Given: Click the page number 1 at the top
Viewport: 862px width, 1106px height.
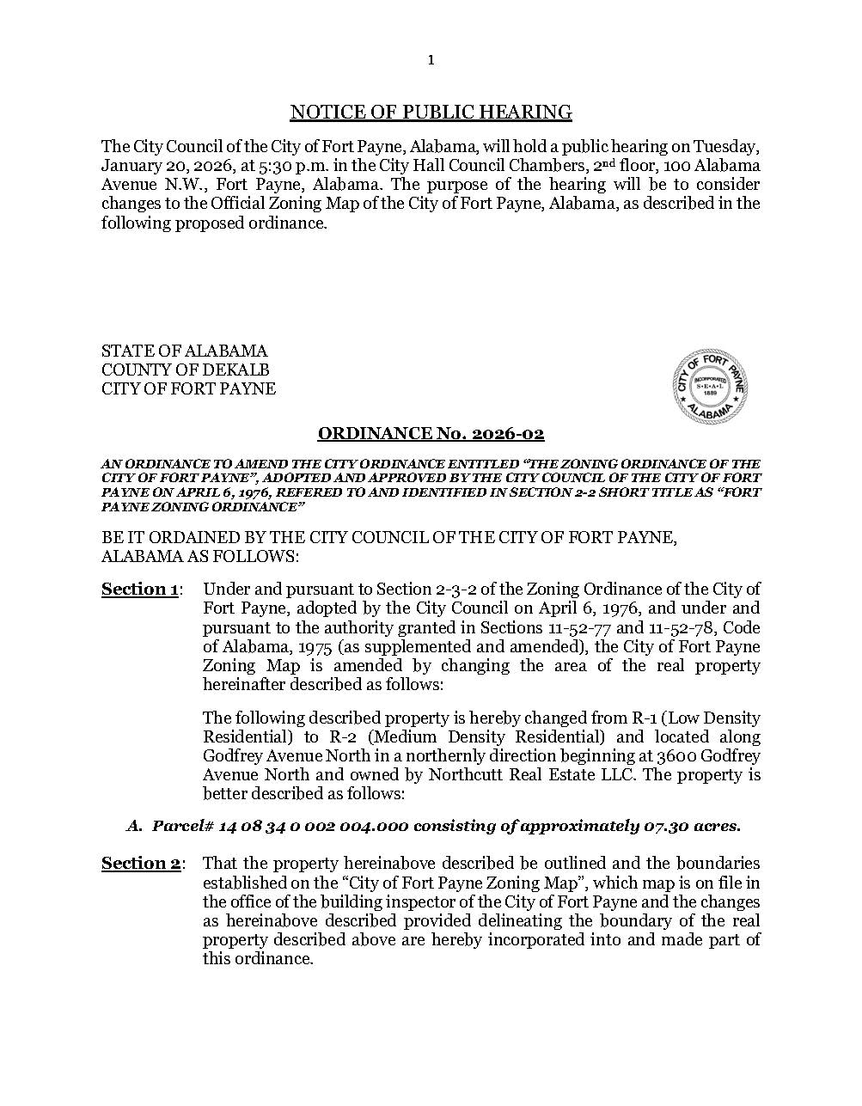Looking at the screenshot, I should tap(431, 59).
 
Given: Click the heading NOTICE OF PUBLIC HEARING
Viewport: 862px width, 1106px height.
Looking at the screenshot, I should tap(431, 112).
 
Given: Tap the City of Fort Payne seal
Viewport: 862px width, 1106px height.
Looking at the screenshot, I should tap(709, 387).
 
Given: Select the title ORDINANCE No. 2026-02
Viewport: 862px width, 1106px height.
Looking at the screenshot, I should tap(431, 434).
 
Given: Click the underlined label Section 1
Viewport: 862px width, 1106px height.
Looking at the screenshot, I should tap(140, 589).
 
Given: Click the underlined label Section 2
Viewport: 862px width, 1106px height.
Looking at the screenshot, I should tap(140, 863).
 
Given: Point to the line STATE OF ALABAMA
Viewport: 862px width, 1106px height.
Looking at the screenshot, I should tap(184, 351).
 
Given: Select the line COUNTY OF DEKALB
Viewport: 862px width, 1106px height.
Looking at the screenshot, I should tap(185, 370).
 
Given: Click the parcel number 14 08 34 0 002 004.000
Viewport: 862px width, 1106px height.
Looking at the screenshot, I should tap(313, 826).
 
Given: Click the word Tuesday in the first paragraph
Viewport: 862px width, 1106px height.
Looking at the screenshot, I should tap(726, 146).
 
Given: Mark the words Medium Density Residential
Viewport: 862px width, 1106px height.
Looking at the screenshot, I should tap(479, 736).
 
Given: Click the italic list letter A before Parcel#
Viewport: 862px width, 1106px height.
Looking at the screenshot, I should tap(133, 826).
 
